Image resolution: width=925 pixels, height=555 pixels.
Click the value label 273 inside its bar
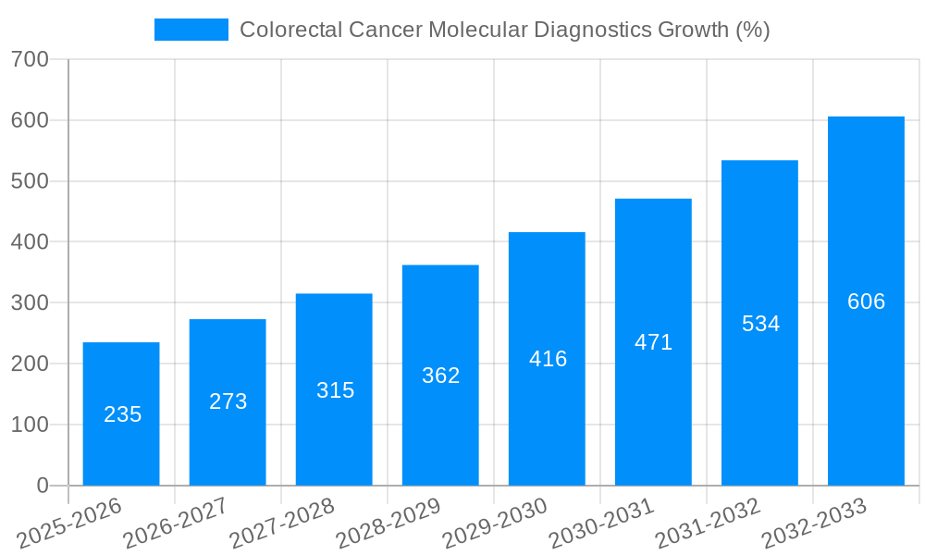tap(228, 401)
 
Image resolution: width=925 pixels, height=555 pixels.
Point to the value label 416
tap(548, 359)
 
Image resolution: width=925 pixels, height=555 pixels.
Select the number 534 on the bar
tap(760, 324)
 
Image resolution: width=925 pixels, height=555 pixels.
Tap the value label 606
tap(866, 302)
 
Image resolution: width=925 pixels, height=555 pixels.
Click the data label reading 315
tap(335, 390)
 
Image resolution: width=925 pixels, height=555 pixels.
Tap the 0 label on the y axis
tap(43, 486)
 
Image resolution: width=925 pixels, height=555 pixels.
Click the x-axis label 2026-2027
tap(177, 524)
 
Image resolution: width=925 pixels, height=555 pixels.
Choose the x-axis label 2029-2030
tap(496, 524)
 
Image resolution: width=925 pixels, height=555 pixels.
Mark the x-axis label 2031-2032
tap(709, 524)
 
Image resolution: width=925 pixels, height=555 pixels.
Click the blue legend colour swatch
tap(191, 30)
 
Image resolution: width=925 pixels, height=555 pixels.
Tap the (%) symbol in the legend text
tap(753, 30)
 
